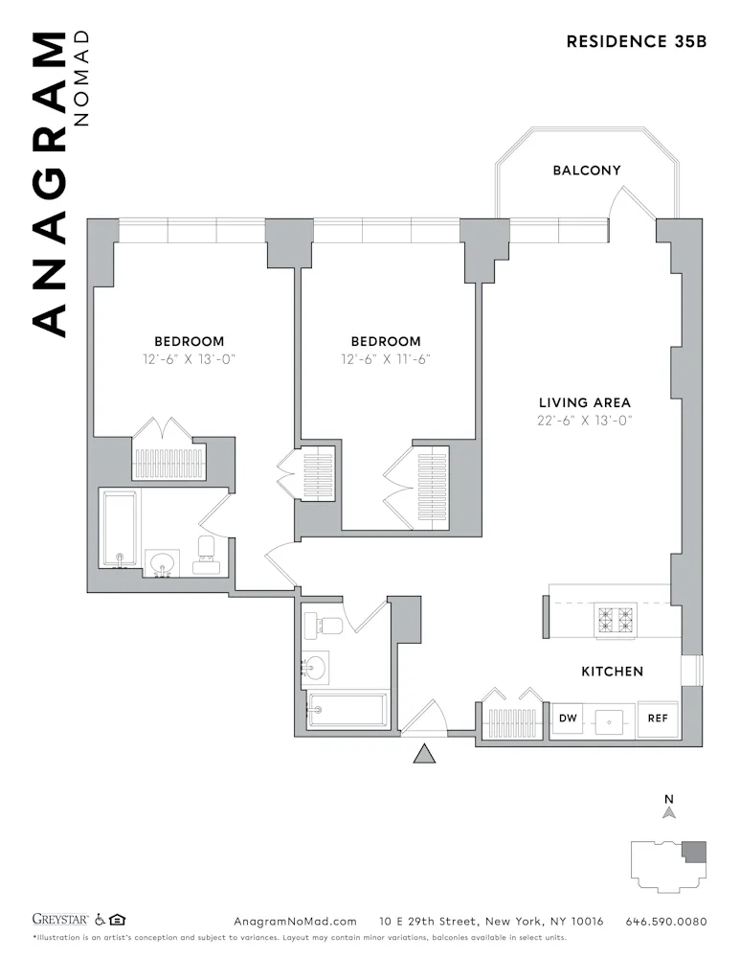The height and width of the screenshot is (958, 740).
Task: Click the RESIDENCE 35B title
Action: point(636,41)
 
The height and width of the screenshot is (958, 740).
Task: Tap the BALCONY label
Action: point(586,171)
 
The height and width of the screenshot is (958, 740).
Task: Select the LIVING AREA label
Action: point(584,403)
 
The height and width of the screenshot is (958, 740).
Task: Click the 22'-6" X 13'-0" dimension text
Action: point(584,421)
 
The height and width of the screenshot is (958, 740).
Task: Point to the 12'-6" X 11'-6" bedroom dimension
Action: point(385,359)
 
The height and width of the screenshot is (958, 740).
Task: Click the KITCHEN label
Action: point(612,672)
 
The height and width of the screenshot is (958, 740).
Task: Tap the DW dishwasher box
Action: point(568,718)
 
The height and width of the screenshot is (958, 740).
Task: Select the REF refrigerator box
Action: point(658,718)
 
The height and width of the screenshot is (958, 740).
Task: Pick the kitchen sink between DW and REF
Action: point(611,720)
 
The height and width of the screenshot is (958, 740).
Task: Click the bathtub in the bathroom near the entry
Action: point(347,711)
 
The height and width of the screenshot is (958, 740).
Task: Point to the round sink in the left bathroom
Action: point(162,561)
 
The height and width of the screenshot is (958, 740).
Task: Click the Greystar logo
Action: point(60,921)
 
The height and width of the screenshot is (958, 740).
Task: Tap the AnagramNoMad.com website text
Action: point(295,922)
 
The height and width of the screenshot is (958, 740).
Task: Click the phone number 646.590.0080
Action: point(665,922)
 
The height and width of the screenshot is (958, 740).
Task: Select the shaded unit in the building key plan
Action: point(695,851)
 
